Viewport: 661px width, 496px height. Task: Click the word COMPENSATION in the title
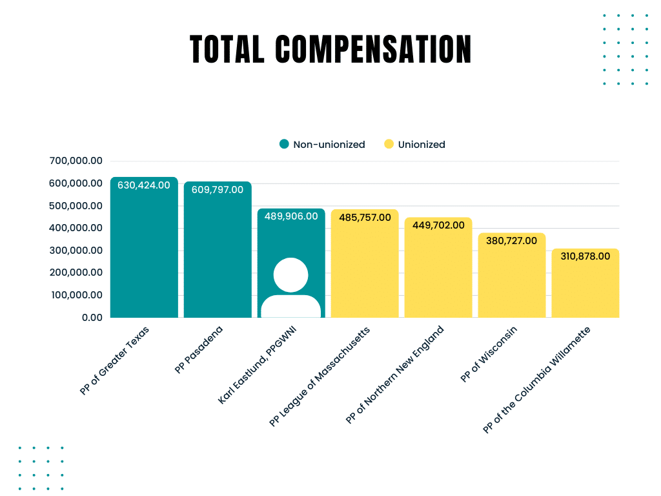click(373, 49)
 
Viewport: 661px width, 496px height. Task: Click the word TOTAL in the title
click(227, 49)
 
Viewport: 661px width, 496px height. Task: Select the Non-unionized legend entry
click(329, 145)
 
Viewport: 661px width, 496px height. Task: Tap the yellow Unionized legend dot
click(389, 145)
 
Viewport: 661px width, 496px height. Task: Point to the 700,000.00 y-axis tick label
click(76, 161)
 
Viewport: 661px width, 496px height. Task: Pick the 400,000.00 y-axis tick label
click(76, 228)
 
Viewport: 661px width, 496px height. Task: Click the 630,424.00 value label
click(144, 185)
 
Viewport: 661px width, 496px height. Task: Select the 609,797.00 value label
click(218, 190)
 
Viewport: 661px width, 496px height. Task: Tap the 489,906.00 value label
click(291, 216)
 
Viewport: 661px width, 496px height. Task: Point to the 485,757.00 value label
click(365, 218)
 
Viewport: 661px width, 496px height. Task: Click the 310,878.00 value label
click(585, 256)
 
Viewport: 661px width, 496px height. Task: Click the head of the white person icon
click(290, 274)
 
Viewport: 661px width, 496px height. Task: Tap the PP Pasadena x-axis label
click(198, 351)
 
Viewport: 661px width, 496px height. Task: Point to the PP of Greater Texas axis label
click(114, 361)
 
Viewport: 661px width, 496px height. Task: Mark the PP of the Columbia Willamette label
click(536, 380)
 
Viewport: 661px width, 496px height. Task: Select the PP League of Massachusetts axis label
click(320, 377)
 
